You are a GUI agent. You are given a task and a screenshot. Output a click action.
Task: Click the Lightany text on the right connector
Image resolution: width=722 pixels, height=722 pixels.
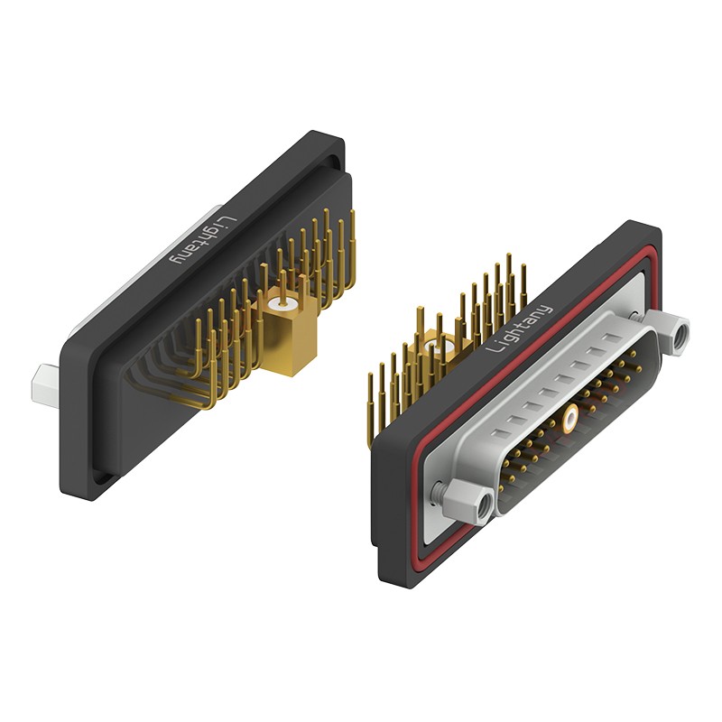click(519, 329)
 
